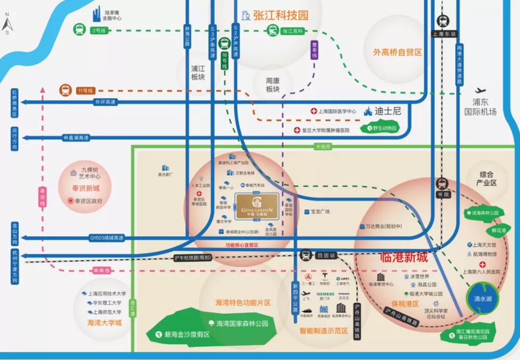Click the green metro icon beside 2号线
[78, 30]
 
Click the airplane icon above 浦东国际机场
[480, 90]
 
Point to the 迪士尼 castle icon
[369, 112]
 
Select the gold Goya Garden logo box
[257, 207]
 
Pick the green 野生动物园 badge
[382, 129]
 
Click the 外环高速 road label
[105, 102]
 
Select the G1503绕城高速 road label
[106, 238]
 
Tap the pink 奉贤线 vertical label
[42, 197]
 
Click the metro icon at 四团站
[306, 255]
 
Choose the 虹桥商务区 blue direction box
[14, 103]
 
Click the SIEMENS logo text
[325, 294]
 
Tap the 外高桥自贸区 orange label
[397, 52]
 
